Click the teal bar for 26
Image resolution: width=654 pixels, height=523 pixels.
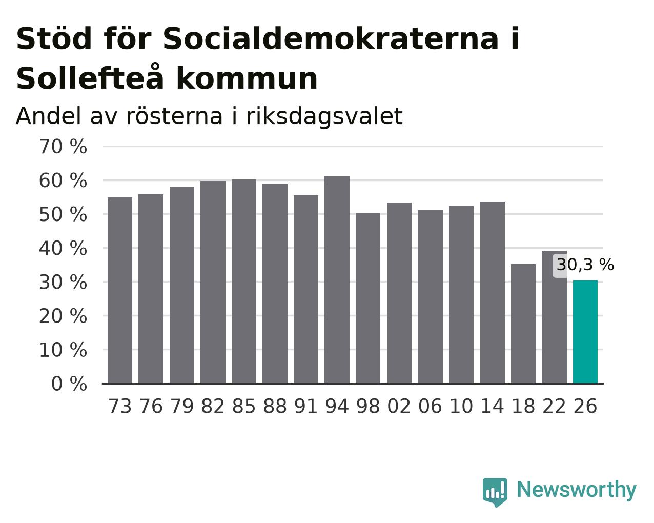click(585, 332)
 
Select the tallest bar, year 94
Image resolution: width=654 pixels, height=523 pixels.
click(337, 280)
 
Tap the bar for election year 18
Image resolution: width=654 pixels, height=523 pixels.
click(523, 324)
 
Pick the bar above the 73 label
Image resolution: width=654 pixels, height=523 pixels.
click(120, 290)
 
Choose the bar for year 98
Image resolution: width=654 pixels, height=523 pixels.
click(367, 298)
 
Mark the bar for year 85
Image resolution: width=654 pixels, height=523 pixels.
click(244, 281)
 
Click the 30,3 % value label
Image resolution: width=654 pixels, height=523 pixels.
click(585, 265)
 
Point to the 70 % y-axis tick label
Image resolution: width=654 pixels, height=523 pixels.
click(63, 147)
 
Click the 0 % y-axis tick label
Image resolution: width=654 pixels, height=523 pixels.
click(69, 384)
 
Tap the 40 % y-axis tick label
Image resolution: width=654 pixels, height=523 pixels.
click(63, 248)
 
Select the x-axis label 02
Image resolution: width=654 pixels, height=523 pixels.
click(399, 406)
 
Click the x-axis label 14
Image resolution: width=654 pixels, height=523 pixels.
click(492, 406)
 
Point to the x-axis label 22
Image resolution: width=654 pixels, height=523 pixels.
click(554, 406)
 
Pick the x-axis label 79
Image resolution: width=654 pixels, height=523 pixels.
click(182, 406)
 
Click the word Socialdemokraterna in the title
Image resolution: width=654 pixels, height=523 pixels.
click(331, 38)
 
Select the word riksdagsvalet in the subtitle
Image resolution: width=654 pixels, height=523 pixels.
click(324, 116)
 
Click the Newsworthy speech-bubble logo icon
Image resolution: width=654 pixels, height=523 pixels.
click(495, 491)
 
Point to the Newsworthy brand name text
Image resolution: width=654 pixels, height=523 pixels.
click(577, 489)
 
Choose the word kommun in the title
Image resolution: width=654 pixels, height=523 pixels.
click(247, 78)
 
